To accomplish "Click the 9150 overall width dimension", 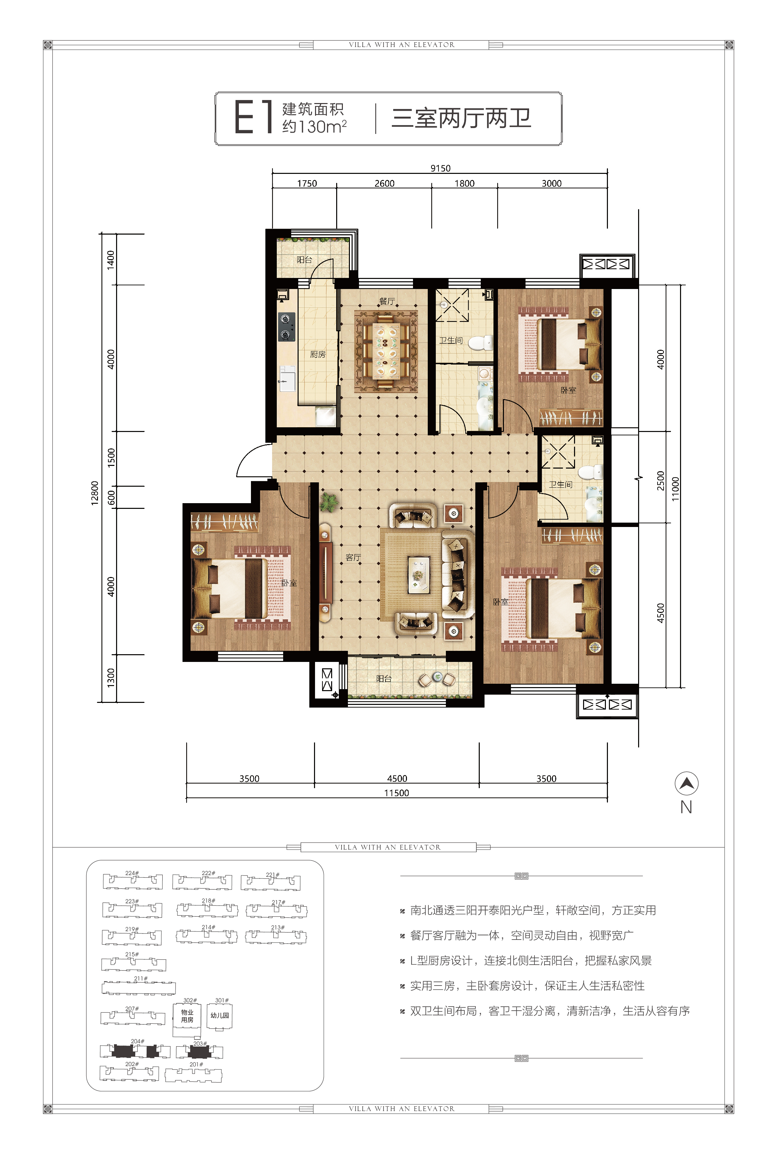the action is pos(440,168).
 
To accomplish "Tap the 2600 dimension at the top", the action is pos(384,183).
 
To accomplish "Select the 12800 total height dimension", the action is pos(95,493).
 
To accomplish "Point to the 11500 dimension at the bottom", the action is pos(397,792).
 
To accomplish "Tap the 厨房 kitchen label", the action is pos(318,354).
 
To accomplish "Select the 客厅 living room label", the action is pos(353,557).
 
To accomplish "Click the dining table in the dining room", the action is pos(386,351).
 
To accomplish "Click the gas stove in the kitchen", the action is pos(287,327).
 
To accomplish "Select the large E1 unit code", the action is pos(253,117).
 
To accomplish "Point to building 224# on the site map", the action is pos(132,880).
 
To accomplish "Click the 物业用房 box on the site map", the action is pos(187,1016).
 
